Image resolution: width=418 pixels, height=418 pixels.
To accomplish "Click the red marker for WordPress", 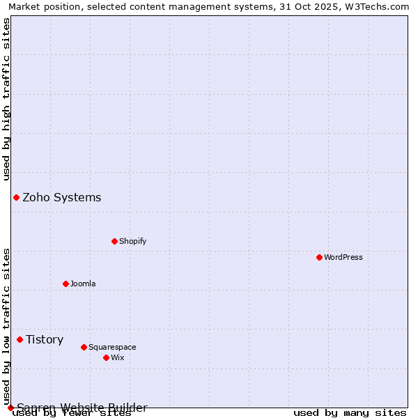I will (319, 257).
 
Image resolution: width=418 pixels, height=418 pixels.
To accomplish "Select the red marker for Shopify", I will (114, 241).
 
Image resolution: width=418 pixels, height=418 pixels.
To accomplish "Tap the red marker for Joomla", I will (65, 284).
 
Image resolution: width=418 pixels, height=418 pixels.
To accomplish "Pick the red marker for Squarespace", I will (84, 347).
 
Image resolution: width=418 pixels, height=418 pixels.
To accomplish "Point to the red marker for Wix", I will (106, 357).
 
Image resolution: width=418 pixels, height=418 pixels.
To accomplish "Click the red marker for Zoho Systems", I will (16, 197).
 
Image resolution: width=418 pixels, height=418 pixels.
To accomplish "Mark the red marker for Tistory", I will (20, 339).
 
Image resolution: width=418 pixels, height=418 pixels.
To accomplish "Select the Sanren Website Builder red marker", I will (10, 408).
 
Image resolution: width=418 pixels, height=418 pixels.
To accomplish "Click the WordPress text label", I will (343, 257).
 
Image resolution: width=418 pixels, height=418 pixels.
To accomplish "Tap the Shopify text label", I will (132, 241).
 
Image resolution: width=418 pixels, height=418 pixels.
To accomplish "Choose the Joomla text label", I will (83, 284).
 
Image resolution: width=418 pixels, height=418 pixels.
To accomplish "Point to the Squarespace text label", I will (112, 347).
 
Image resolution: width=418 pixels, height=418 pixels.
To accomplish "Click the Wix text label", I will (117, 357).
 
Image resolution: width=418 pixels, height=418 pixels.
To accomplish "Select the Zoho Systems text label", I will (62, 197).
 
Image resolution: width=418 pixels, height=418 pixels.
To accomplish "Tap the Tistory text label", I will (45, 339).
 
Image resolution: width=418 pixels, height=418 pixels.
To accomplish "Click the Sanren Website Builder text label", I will (82, 408).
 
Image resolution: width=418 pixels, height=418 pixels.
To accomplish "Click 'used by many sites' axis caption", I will (350, 413).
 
